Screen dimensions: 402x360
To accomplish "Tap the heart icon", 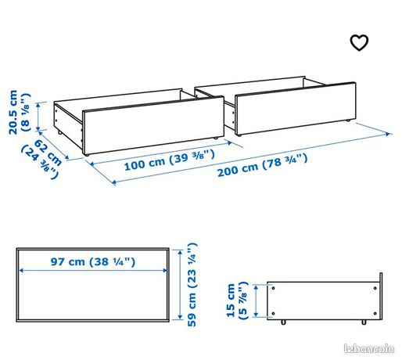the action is pyautogui.click(x=359, y=42).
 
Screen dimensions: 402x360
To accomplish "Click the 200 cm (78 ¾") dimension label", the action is pyautogui.click(x=263, y=165).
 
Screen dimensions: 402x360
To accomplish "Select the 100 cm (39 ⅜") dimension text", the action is pyautogui.click(x=170, y=160).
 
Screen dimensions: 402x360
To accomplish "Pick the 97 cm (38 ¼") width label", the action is pyautogui.click(x=93, y=261).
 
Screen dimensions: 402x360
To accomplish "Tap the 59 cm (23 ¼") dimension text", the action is pyautogui.click(x=192, y=284).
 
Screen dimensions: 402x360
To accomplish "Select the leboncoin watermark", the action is pyautogui.click(x=369, y=349).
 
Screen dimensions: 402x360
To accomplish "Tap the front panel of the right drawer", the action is pyautogui.click(x=296, y=109).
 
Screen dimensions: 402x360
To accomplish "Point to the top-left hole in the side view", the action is pyautogui.click(x=273, y=288).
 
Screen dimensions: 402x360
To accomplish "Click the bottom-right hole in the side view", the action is pyautogui.click(x=375, y=313).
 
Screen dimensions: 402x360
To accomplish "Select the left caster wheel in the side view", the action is pyautogui.click(x=283, y=322).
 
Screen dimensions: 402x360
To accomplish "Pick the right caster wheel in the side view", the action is pyautogui.click(x=364, y=322).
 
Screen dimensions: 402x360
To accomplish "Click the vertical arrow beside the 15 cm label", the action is pyautogui.click(x=257, y=301).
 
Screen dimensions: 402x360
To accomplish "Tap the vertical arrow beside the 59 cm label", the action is pyautogui.click(x=181, y=284).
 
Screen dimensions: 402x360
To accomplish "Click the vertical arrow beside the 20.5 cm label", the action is pyautogui.click(x=39, y=117).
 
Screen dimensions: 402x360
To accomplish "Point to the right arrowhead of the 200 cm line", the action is pyautogui.click(x=389, y=134).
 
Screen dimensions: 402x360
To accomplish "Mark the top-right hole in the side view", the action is pyautogui.click(x=375, y=288).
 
